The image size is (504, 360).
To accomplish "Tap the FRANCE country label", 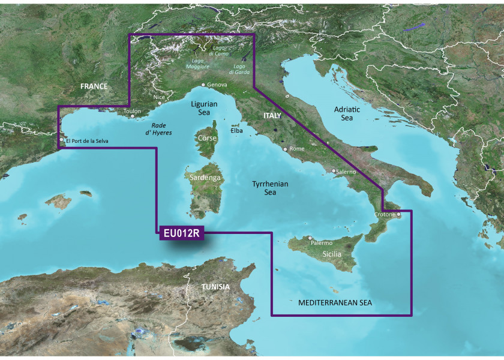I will coord(94,86).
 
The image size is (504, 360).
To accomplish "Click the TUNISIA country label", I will coord(215,287).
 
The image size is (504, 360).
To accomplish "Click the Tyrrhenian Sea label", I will coord(270,188).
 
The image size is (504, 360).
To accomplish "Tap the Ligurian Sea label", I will coord(204,109).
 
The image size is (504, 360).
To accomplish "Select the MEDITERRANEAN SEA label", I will coord(335,303).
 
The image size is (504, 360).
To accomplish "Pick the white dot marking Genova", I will coord(203,85).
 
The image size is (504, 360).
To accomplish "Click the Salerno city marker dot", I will coord(334,172).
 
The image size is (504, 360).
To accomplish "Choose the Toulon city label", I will coord(132,112).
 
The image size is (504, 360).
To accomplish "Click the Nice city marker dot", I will coord(160,103).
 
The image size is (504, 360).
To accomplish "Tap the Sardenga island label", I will coord(205,178).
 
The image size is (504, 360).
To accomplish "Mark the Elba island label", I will coord(236,130).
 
